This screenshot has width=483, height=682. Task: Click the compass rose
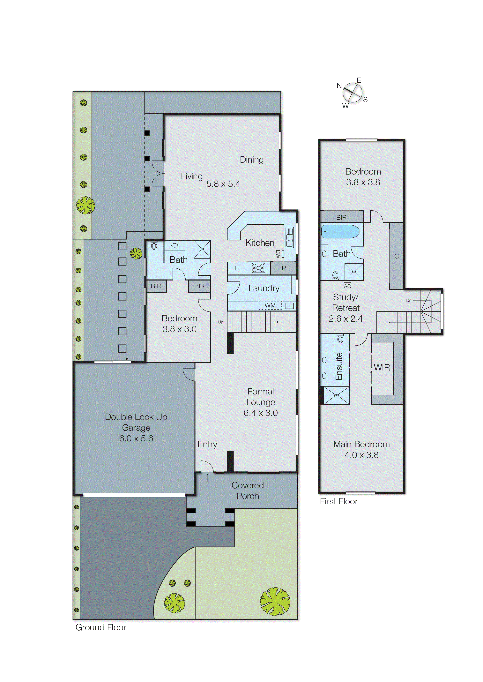tap(353, 93)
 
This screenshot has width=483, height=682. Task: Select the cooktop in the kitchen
tap(258, 268)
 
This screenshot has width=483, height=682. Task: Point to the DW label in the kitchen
tap(278, 254)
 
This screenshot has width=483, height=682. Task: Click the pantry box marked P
tap(283, 268)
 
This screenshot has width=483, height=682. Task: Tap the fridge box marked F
tap(237, 268)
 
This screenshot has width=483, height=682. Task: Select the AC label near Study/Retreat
tap(347, 286)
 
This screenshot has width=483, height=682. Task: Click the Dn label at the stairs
tap(409, 300)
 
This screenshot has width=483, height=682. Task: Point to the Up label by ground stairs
tap(221, 322)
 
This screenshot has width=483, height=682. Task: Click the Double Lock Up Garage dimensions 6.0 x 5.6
tap(136, 438)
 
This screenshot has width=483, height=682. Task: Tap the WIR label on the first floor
tap(382, 368)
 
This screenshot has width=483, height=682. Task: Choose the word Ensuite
tap(339, 366)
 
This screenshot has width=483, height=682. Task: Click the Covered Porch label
tap(248, 491)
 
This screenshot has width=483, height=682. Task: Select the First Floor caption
tap(339, 501)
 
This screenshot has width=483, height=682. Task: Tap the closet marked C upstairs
tap(397, 256)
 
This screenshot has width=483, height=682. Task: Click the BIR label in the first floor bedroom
tap(341, 217)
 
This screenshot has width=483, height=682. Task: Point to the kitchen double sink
tap(289, 237)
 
